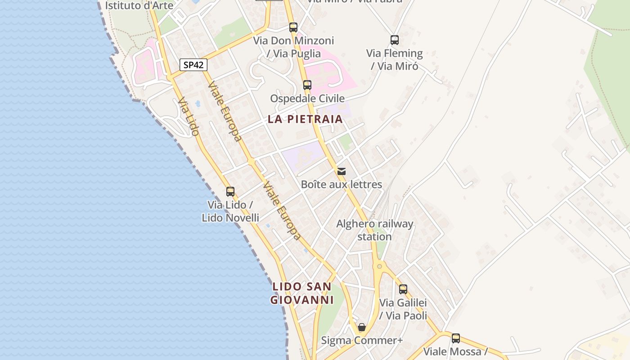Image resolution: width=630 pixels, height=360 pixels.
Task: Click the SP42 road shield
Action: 194,65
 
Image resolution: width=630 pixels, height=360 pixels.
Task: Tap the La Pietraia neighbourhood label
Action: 305,119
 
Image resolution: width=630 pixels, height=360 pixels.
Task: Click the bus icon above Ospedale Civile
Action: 307,85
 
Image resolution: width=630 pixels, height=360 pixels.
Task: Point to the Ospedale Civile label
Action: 307,99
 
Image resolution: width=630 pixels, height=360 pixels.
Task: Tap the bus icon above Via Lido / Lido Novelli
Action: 230,192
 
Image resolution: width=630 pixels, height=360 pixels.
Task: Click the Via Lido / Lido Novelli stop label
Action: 230,211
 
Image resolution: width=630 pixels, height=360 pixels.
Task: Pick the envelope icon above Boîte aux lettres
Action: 342,171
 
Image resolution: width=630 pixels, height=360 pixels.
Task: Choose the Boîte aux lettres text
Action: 342,184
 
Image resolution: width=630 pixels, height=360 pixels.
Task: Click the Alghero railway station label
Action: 375,230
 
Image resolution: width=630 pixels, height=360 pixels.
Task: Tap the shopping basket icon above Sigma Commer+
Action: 362,327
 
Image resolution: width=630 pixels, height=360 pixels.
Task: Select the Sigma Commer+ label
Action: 362,341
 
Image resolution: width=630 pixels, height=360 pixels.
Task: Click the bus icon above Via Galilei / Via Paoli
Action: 403,289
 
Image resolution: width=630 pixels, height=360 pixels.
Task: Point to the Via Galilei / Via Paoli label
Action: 403,309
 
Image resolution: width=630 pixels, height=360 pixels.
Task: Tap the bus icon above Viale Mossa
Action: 456,338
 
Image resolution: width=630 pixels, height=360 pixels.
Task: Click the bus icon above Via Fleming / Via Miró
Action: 395,40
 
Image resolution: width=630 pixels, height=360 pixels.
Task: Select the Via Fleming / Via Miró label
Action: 395,60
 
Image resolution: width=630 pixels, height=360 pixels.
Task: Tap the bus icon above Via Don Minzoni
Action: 293,27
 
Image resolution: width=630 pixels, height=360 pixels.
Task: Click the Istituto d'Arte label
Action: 139,6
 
